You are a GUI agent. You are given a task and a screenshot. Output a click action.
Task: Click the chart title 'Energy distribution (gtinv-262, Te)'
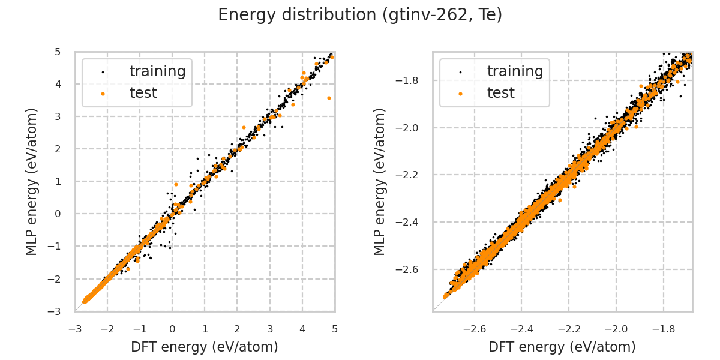point(360,15)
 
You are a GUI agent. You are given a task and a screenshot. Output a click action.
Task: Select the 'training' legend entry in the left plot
point(157,71)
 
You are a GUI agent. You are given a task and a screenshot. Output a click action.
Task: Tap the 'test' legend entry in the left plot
point(143,93)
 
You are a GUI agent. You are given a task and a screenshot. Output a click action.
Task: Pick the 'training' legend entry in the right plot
point(515,71)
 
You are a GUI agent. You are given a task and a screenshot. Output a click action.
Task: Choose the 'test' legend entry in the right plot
point(500,93)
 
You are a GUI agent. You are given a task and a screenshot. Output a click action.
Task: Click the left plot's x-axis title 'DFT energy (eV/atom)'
point(205,347)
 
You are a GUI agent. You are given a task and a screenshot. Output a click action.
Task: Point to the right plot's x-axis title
point(562,347)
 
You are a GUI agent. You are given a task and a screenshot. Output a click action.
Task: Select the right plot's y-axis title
point(380,181)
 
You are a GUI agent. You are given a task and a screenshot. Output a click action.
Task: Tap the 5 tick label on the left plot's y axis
point(57,52)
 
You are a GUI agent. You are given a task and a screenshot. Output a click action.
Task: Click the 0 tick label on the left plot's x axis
point(172,329)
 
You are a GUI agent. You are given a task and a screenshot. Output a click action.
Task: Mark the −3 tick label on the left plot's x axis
point(75,329)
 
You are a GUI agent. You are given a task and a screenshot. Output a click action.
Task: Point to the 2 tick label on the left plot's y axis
point(57,149)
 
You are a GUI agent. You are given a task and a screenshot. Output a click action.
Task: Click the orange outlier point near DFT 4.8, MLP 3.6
point(329,97)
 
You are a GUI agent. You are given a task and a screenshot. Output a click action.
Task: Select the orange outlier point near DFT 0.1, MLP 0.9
point(176,185)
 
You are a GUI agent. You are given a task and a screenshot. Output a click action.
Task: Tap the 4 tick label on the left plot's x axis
point(302,329)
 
